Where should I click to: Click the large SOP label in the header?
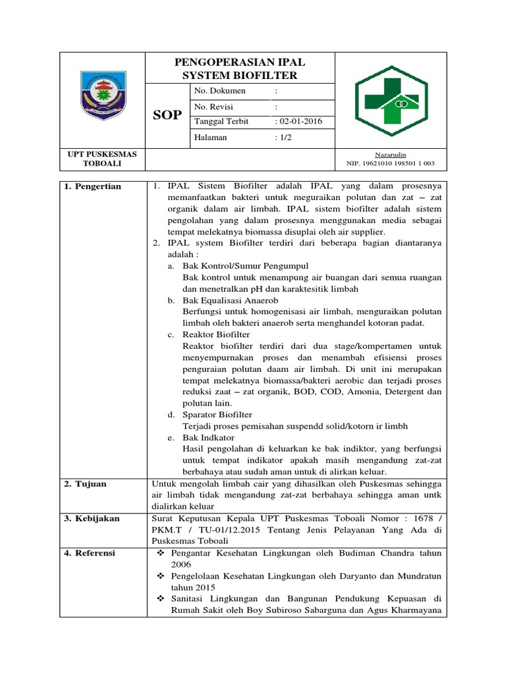point(167,116)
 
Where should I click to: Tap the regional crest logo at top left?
point(101,99)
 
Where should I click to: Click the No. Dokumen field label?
point(219,91)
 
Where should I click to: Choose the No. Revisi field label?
point(213,107)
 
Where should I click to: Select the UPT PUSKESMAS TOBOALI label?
point(102,159)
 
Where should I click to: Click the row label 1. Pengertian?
point(93,187)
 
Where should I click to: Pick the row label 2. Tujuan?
point(86,484)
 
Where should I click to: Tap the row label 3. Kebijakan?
point(92,519)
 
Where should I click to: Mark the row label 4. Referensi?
point(91,553)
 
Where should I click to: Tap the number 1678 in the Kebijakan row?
point(415,519)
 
